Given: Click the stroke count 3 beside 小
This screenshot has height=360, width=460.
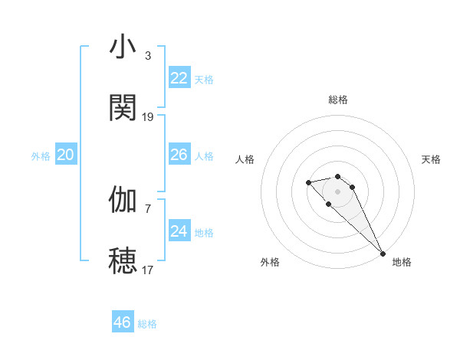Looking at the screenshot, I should coord(147,56).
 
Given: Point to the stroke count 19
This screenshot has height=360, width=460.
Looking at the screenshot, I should coord(148,116).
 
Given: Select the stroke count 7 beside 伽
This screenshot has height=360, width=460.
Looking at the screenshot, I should coord(147,208).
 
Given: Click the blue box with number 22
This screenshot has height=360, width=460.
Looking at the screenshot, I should coord(179,78).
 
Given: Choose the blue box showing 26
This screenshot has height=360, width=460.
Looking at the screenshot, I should coord(179,155).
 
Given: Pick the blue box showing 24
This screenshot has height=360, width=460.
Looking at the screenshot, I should coord(179,231).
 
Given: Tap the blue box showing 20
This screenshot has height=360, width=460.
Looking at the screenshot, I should coord(66,155).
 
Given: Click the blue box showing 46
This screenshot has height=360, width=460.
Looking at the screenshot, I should coord(123,322).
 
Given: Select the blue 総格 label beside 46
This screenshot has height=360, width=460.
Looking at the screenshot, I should coord(147,324).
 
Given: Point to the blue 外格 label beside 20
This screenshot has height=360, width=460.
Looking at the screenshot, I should coord(41,156).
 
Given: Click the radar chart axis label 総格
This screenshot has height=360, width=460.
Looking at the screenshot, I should coord(338,100).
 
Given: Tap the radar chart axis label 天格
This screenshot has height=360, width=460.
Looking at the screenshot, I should coord(432,159).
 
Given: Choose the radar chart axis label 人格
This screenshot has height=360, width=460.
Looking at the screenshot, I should coord(245,159).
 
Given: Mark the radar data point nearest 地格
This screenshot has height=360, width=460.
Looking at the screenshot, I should coord(383,254).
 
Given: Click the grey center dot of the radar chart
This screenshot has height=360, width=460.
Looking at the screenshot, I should coord(337,191).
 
